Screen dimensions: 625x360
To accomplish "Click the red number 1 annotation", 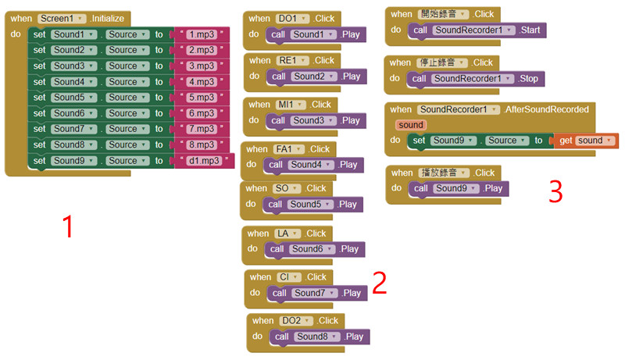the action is click(x=68, y=226).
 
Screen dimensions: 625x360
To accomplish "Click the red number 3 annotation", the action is click(x=555, y=191).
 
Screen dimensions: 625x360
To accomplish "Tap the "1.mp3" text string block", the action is click(x=202, y=34).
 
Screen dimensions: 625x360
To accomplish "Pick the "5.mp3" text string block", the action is click(x=202, y=98).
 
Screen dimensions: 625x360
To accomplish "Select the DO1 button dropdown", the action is click(x=293, y=18).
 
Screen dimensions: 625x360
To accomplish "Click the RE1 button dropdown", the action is click(x=293, y=60).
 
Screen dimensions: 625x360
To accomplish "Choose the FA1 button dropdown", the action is click(x=289, y=148).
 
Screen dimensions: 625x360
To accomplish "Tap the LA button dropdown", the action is click(x=286, y=233).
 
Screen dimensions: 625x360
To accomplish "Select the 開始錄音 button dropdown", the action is click(x=442, y=14).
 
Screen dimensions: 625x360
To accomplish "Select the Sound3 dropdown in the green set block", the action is click(x=74, y=66).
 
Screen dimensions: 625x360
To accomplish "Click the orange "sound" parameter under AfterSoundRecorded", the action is click(x=411, y=125).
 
